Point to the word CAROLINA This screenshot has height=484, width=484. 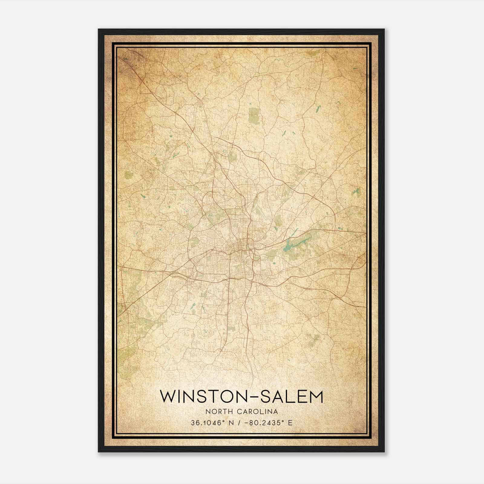coord(257,411)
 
